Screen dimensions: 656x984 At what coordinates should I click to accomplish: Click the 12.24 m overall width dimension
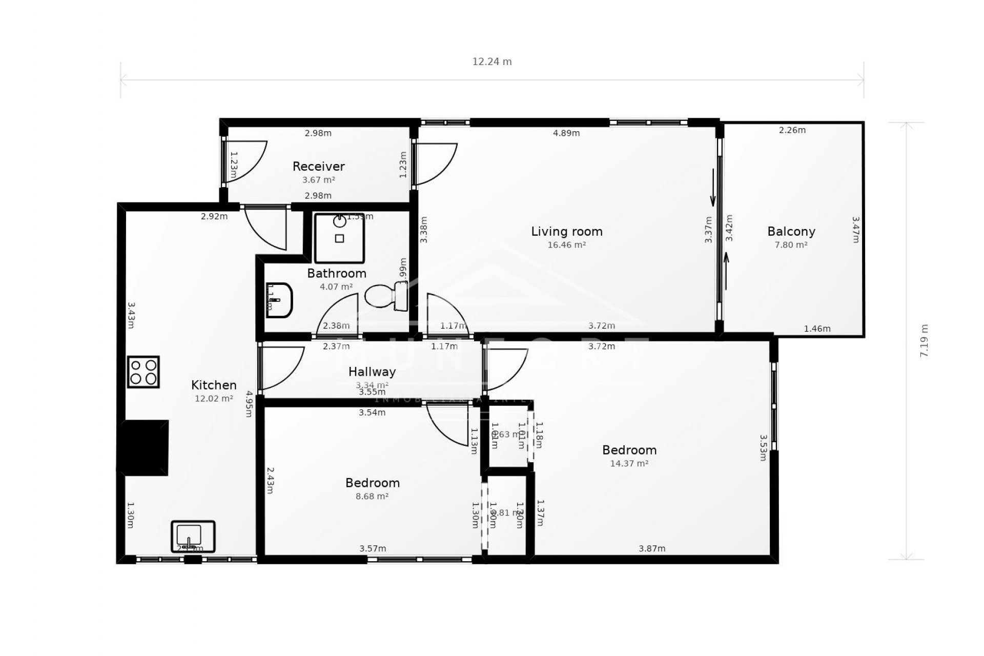491,62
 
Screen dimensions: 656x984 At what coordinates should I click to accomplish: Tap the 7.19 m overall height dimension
924,340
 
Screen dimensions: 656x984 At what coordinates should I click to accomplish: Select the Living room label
566,232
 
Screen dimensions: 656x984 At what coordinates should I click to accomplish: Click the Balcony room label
791,232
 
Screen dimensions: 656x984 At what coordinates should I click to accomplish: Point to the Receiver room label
318,167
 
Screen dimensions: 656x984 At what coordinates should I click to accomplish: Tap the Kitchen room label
214,385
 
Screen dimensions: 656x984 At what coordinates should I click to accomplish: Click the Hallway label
372,372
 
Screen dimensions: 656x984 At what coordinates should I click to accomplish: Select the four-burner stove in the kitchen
143,372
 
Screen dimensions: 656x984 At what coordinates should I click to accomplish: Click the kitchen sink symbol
193,536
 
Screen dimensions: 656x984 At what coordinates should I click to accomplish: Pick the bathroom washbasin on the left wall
279,300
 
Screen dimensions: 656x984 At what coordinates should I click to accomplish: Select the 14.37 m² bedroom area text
629,463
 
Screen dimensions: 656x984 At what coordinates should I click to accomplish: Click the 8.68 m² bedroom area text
372,496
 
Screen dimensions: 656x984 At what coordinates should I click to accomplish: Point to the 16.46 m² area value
566,245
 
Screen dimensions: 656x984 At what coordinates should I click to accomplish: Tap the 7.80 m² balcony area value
791,245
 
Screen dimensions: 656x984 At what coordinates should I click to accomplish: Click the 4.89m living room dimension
566,133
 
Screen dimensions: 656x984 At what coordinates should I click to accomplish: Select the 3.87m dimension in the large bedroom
651,548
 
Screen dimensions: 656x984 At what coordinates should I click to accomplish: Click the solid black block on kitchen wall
144,447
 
